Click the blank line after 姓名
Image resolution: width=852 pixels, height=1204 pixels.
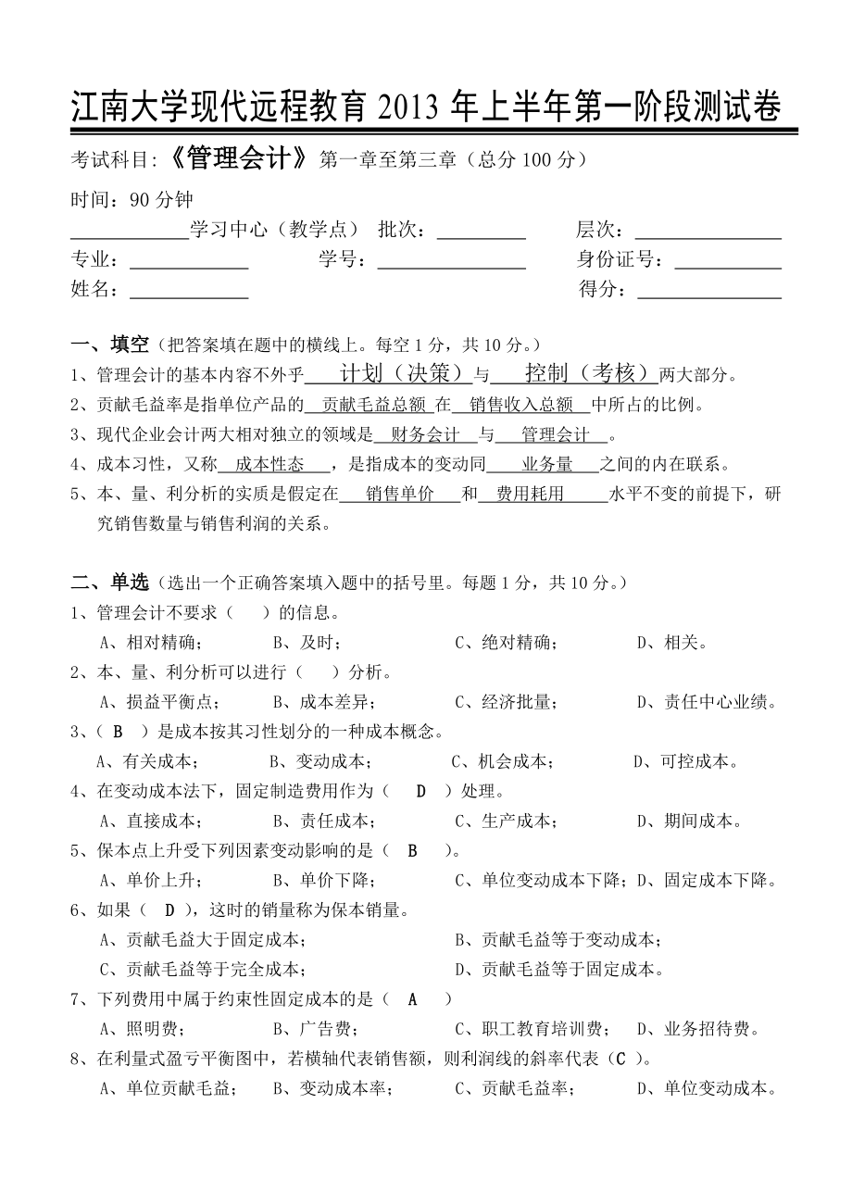click(189, 290)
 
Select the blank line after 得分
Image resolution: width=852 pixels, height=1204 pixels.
click(709, 290)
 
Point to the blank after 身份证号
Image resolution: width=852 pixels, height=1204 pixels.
click(728, 260)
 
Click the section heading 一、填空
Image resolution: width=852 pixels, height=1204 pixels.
click(110, 345)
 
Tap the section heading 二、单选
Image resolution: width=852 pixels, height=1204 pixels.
click(110, 583)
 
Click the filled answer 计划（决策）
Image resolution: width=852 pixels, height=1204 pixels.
click(401, 374)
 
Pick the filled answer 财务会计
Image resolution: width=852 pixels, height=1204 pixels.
click(426, 435)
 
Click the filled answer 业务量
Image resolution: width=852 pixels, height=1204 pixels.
click(547, 465)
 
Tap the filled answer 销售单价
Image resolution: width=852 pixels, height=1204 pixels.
click(400, 495)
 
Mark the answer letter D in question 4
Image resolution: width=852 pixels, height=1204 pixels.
click(420, 791)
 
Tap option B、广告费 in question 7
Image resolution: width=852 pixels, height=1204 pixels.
click(312, 1029)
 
